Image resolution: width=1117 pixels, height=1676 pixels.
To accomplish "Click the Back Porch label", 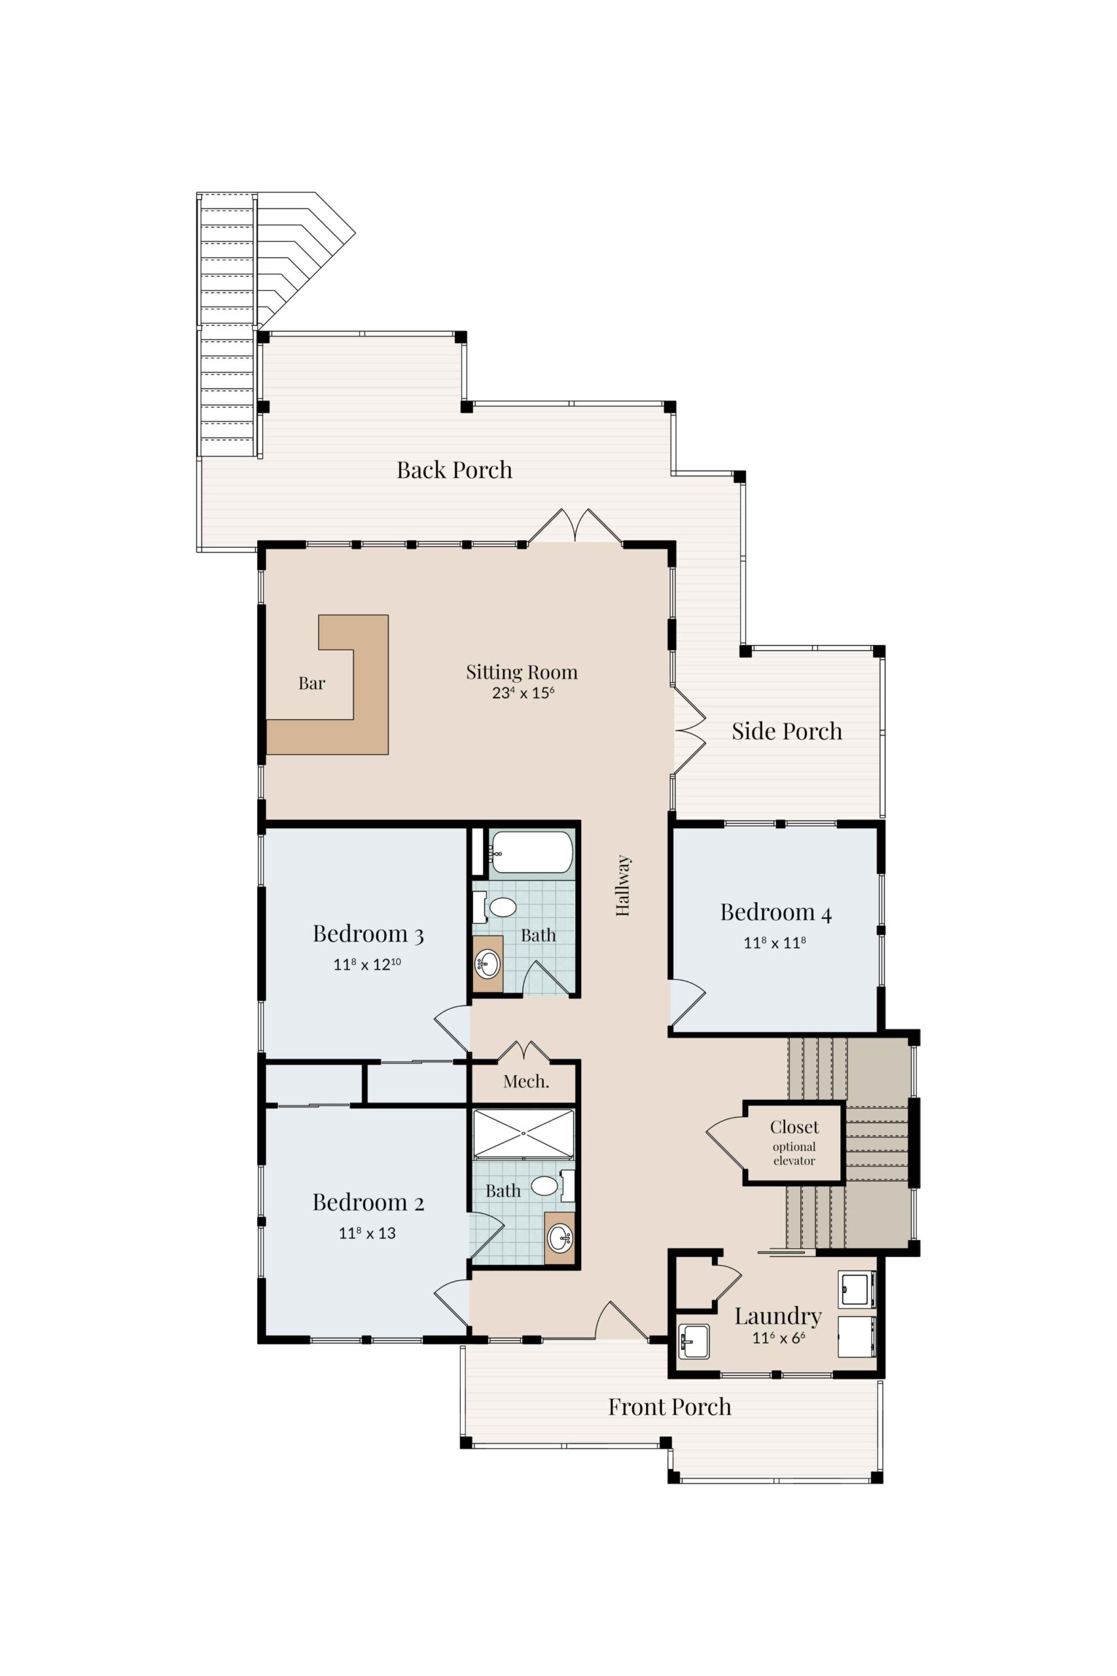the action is click(x=455, y=470).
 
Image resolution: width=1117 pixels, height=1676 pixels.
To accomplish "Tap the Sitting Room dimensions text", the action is click(x=523, y=693).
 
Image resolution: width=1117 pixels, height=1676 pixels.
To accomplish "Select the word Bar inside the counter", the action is click(x=312, y=683).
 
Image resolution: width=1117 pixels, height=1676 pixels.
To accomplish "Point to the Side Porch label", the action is click(x=787, y=731).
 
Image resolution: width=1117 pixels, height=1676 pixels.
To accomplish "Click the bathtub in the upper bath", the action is click(x=531, y=852).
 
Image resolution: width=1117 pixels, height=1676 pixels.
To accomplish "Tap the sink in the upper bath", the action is click(x=488, y=964).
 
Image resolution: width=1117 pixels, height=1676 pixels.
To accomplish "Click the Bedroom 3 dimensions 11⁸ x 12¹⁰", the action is click(x=367, y=964).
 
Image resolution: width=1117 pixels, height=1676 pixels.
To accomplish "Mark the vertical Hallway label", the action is click(x=624, y=886).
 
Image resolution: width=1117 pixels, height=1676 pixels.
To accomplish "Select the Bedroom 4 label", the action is click(x=776, y=913).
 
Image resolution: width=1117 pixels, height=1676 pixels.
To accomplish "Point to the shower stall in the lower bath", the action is click(x=523, y=1133).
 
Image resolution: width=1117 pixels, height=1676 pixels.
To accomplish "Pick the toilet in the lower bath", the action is click(x=552, y=1186).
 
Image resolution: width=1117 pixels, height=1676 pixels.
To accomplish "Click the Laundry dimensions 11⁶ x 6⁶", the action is click(x=779, y=1338).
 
